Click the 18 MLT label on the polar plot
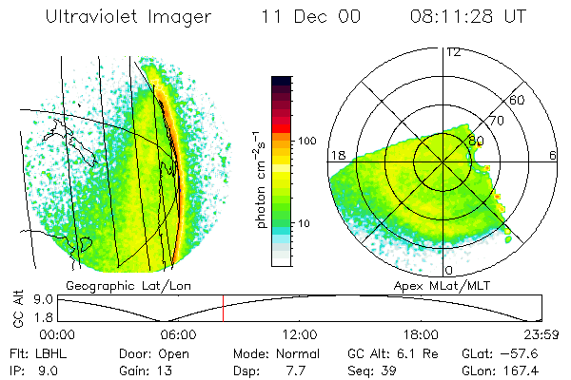[337, 155]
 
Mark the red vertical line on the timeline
[223, 309]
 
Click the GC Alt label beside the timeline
[17, 310]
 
